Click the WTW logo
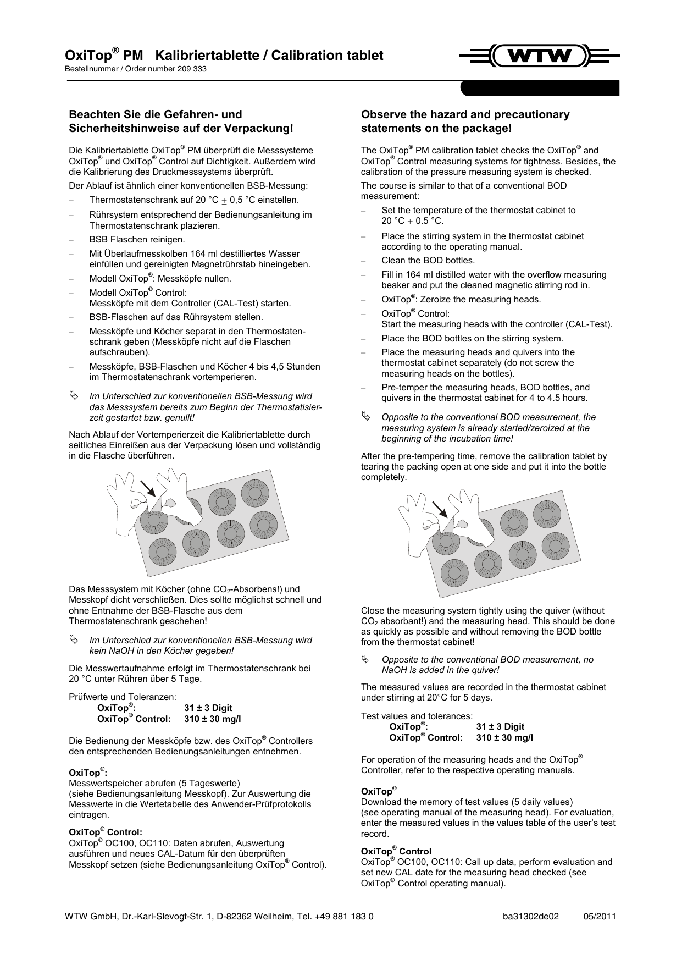click(539, 56)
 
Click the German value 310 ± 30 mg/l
click(212, 719)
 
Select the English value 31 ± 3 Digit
click(500, 727)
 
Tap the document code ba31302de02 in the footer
click(530, 917)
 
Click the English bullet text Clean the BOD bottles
click(428, 261)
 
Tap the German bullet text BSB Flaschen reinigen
click(137, 240)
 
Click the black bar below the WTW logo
click(539, 88)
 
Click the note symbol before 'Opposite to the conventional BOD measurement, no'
click(365, 659)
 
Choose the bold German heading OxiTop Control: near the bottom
click(105, 832)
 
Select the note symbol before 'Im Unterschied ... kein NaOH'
click(74, 640)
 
